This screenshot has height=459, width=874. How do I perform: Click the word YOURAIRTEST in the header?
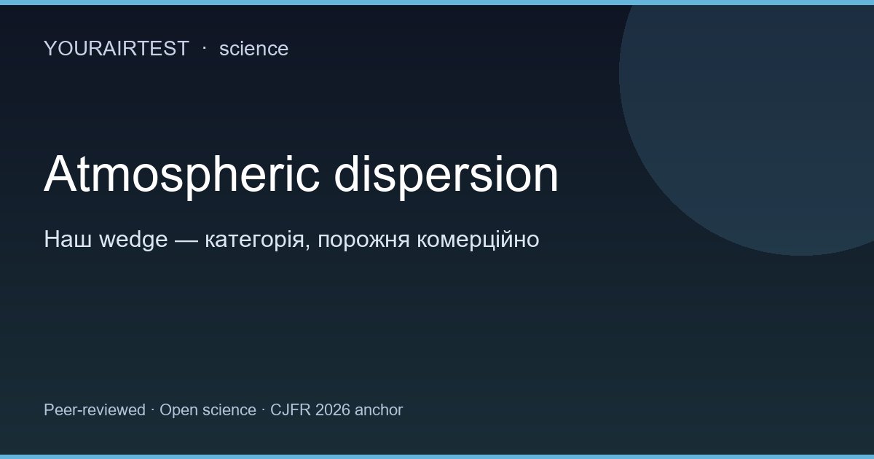[x=116, y=49]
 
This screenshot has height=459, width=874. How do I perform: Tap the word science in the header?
[x=253, y=49]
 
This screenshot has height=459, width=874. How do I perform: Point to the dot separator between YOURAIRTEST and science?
[x=204, y=47]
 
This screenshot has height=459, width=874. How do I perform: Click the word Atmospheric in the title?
[x=181, y=176]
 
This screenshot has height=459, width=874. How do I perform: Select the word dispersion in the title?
[x=446, y=176]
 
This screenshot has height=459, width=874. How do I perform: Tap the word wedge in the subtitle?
[x=133, y=240]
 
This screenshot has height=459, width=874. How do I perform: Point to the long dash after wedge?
[x=186, y=240]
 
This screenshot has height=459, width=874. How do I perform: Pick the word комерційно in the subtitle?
[x=478, y=240]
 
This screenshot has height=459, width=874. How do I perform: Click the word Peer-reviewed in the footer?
[x=95, y=410]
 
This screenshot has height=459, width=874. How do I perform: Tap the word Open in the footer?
[x=178, y=410]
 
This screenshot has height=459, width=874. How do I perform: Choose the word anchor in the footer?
[x=379, y=410]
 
